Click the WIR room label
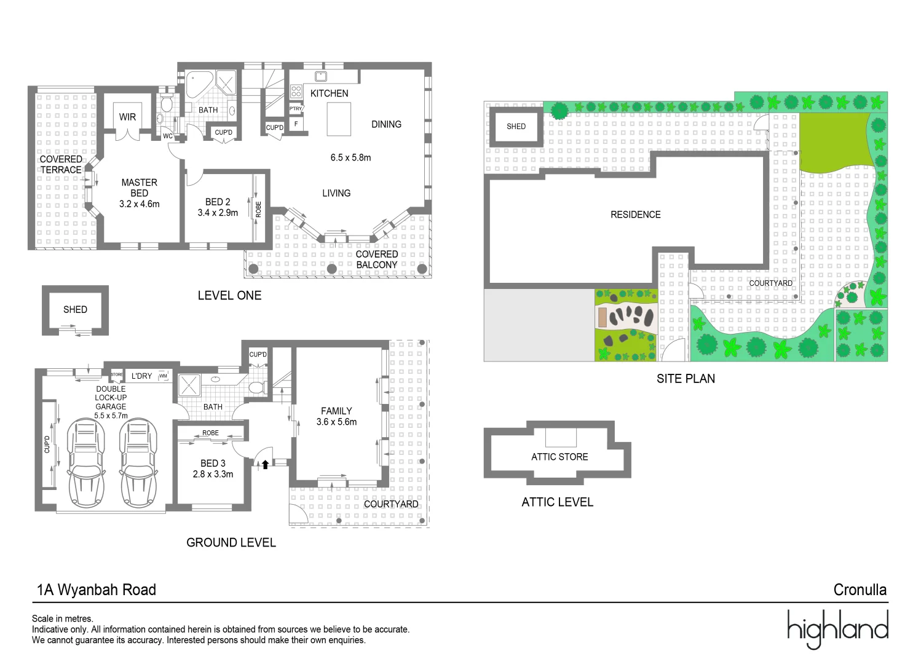point(127,117)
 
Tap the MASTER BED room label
point(139,188)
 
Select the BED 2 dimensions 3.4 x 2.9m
point(218,213)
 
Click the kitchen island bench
point(339,119)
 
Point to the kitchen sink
point(321,76)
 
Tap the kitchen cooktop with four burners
point(296,92)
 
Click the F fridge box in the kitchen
point(296,124)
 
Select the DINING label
point(386,124)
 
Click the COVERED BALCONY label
point(377,259)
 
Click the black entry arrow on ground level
point(265,465)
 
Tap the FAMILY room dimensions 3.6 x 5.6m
point(336,422)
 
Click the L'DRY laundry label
point(141,376)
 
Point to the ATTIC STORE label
point(559,457)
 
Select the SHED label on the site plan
point(516,127)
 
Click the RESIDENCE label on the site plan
point(635,215)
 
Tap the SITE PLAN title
point(686,379)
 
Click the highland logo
point(837,628)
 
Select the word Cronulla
point(860,590)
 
